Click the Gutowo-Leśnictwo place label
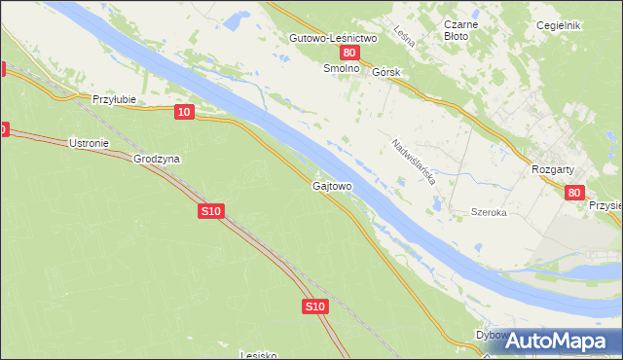click(x=333, y=38)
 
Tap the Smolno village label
click(x=342, y=70)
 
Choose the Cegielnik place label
click(x=559, y=25)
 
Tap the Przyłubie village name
click(x=113, y=99)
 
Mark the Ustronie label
click(x=89, y=143)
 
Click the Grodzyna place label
click(x=158, y=159)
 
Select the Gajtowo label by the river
click(x=332, y=185)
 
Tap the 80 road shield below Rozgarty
click(x=573, y=194)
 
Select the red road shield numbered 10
click(x=184, y=113)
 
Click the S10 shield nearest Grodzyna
click(x=212, y=210)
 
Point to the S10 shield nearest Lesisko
click(x=313, y=306)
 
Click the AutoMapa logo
click(x=554, y=341)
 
